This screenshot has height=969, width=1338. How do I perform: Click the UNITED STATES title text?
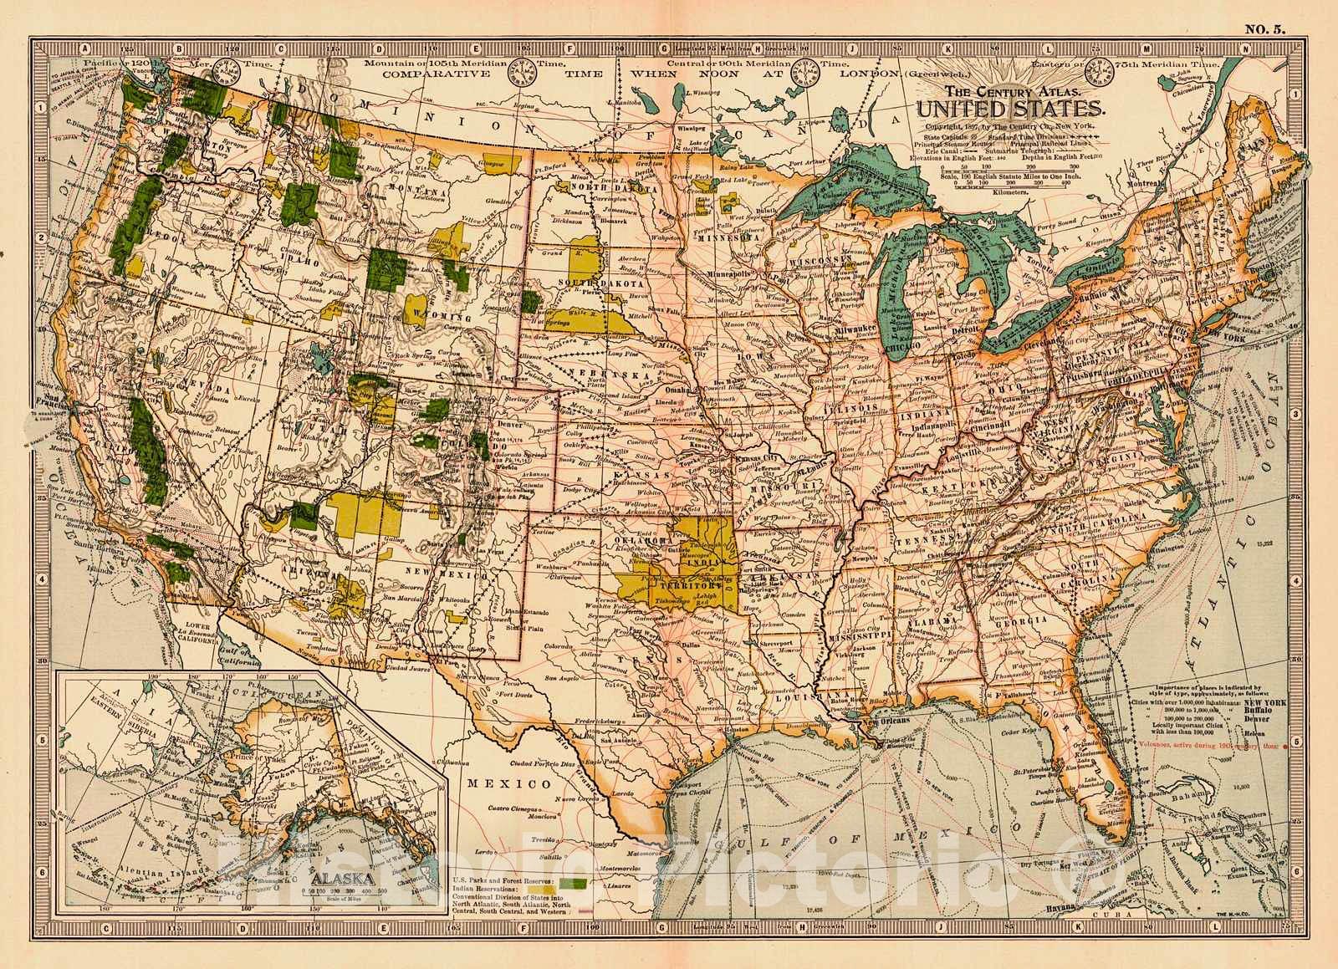1011,108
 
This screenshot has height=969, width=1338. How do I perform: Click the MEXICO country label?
511,784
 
